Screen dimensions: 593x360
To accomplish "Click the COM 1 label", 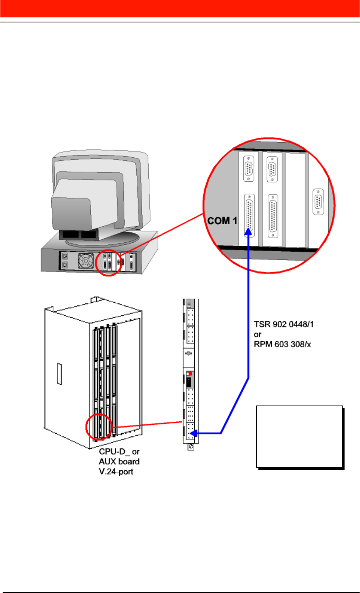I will point(222,221).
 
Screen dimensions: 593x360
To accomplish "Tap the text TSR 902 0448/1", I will point(284,324).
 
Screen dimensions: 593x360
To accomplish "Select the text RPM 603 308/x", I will point(282,344).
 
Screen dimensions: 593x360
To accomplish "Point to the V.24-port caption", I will point(116,472).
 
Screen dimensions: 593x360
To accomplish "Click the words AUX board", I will point(119,462).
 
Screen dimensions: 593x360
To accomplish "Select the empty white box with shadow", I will point(299,436).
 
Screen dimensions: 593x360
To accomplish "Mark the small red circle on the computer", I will point(109,262).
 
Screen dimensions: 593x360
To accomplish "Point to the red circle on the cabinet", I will point(98,427).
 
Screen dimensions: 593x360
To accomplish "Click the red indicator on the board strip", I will point(190,374).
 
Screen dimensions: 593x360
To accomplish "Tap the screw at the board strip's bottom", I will point(190,447).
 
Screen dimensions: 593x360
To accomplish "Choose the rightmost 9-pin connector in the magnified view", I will point(318,201).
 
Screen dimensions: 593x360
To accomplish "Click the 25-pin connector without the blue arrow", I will point(273,216).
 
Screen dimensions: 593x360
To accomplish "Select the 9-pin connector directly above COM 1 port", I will point(249,169).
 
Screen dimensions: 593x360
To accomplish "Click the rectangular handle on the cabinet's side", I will point(59,374).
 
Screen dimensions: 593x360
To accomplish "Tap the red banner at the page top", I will point(180,9).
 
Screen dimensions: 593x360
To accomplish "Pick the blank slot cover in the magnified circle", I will point(295,199).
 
